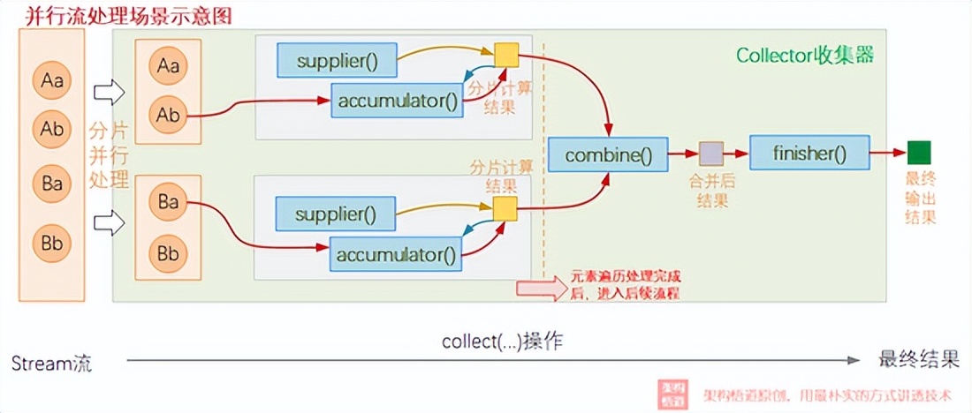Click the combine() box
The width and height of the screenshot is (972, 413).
coord(608,156)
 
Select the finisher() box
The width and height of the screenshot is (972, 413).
coord(809,154)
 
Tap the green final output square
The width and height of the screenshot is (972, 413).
coord(919,153)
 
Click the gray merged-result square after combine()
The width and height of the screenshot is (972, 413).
coord(711,154)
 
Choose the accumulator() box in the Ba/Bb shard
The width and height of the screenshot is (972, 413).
coord(397,255)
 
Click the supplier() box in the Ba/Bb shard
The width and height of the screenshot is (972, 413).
coord(335,214)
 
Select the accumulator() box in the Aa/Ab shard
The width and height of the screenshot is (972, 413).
coord(398,101)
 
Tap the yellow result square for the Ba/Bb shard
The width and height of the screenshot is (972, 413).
coord(505,209)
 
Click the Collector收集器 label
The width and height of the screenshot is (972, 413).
coord(805,56)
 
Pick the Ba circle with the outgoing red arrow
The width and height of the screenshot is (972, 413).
coord(168,202)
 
